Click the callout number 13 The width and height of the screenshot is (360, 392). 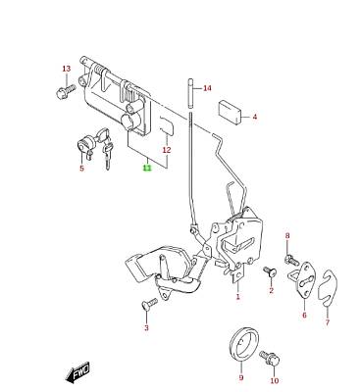coord(67,69)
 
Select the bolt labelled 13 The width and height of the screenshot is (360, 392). coord(66,91)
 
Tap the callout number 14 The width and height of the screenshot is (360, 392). coord(207,88)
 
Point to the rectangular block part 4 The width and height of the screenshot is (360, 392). coord(230,113)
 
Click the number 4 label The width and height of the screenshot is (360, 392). coord(255,117)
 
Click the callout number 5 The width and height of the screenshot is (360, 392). coord(81,169)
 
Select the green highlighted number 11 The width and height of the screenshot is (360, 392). coord(147,168)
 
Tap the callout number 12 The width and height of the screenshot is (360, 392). coord(167,150)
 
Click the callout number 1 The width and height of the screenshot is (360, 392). coord(238,297)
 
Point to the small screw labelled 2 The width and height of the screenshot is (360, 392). coord(270,270)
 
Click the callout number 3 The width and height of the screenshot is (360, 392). coord(146,327)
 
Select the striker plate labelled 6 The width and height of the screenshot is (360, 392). coord(302,280)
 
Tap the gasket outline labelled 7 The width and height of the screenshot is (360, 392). coord(327,289)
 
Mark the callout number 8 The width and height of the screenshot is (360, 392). coord(287,235)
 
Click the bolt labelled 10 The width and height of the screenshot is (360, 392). coord(270,359)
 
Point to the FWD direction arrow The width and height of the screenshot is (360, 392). coord(77,372)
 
